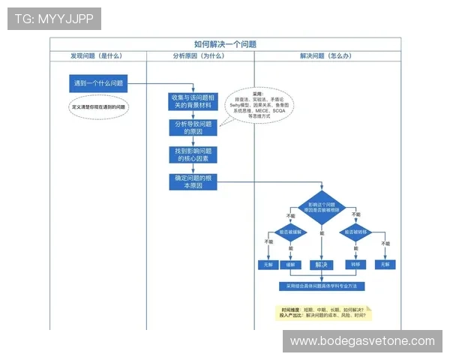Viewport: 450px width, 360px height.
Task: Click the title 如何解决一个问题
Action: click(225, 44)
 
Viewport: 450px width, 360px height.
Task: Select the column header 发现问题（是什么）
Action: click(97, 56)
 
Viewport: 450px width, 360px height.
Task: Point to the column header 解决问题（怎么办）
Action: click(326, 56)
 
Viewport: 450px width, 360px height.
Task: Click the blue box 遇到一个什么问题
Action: click(97, 83)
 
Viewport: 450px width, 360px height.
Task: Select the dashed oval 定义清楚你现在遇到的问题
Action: click(97, 107)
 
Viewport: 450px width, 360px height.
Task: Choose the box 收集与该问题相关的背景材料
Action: click(193, 101)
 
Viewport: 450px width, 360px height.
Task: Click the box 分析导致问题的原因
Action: click(193, 127)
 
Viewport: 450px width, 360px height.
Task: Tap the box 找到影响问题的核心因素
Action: click(193, 154)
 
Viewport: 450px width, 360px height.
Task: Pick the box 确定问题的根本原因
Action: click(193, 181)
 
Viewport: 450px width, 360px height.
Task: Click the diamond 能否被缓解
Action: click(290, 233)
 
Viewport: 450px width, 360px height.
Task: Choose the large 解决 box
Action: click(322, 264)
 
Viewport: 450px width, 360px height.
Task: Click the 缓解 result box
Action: click(290, 265)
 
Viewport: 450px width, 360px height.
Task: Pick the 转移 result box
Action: click(354, 265)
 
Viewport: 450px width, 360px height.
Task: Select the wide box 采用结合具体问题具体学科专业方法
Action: click(322, 286)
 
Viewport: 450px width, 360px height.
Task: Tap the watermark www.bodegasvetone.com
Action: click(362, 341)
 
